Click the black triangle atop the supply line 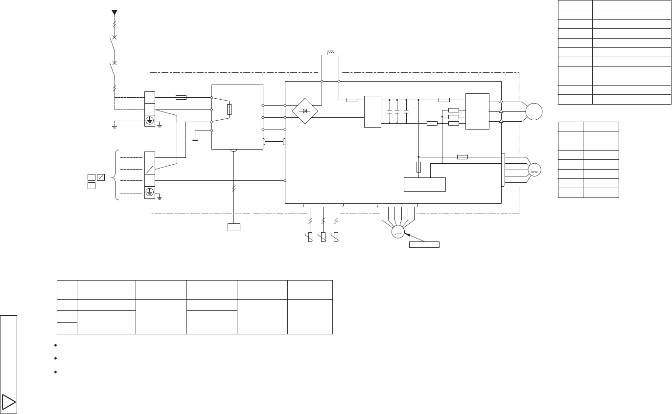114,12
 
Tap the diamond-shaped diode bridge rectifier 305,111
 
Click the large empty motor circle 534,111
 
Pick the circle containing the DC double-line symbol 534,170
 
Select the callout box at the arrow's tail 424,244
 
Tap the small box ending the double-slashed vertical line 234,227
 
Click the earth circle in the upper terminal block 150,120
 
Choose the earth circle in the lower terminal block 150,193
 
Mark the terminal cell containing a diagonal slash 150,169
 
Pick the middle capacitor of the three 397,112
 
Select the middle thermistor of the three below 323,238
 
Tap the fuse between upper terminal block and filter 181,97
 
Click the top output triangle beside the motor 501,101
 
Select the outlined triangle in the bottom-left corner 9,402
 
